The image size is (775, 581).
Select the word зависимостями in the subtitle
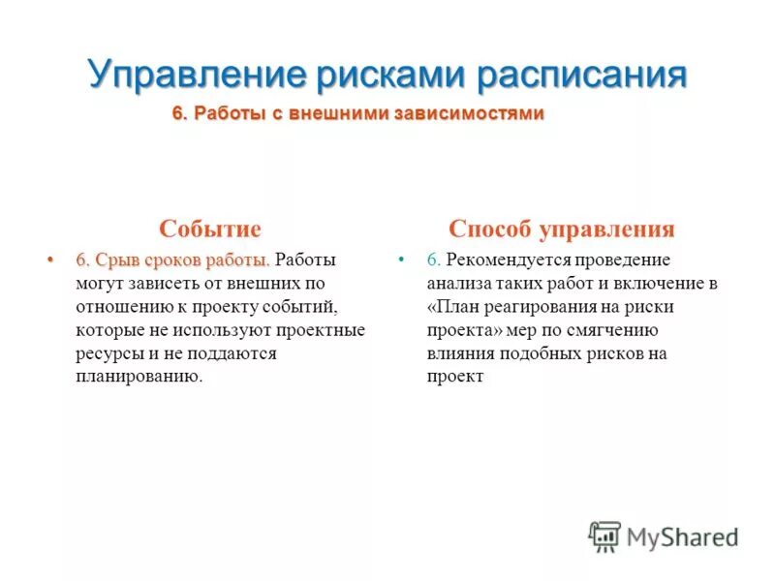[x=472, y=114]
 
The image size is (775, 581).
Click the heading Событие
[x=210, y=229]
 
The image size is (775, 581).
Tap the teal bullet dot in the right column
[x=402, y=260]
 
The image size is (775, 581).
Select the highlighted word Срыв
[x=114, y=260]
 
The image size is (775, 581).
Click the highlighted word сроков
[x=170, y=260]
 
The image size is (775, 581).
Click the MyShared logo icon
[x=604, y=535]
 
